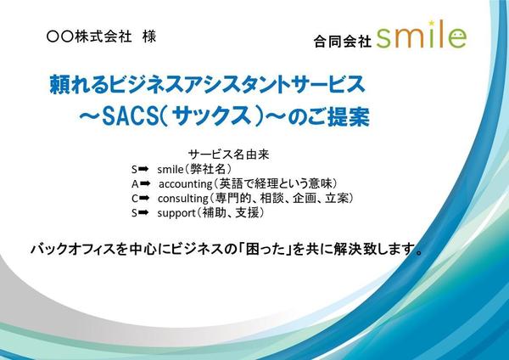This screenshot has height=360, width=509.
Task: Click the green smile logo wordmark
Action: coord(422,37)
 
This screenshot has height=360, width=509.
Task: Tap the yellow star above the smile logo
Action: coord(432,23)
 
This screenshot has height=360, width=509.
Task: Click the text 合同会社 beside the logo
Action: coord(343,42)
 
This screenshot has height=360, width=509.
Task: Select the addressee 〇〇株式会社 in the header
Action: coord(88,36)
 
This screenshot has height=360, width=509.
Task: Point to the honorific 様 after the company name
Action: coord(149,36)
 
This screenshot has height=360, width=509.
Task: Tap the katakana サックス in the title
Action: coord(211,117)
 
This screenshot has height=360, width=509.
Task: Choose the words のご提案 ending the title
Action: coord(328,117)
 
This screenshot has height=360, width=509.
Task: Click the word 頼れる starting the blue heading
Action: coord(79,84)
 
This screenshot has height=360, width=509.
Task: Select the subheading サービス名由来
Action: coord(229,155)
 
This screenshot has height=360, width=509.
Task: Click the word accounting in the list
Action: coord(185,184)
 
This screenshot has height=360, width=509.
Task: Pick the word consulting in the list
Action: coord(183,199)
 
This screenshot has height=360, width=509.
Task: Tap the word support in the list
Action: coord(176,213)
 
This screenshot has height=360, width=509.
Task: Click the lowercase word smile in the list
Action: coord(171,169)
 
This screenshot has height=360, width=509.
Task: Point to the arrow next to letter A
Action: coord(145,183)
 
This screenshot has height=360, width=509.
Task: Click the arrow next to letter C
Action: coord(144,198)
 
